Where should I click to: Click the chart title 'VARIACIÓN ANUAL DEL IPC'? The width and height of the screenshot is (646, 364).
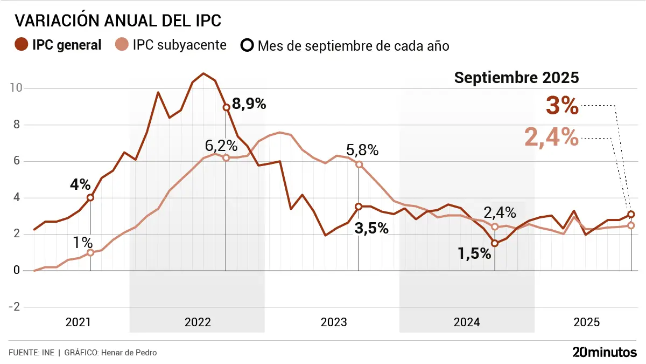coord(118,21)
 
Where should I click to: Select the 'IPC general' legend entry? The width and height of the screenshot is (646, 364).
coord(59,45)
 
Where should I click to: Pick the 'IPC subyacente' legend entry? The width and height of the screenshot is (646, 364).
coord(172,45)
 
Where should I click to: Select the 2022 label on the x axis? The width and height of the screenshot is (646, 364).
coord(198,322)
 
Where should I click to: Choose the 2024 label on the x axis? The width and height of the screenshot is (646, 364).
coord(467,322)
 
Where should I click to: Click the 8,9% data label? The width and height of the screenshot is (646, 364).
coord(249,104)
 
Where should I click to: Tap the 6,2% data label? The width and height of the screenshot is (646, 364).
coord(221,145)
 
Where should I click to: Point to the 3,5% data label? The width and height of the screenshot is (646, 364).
coord(371,228)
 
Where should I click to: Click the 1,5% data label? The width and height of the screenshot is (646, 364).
coord(474,253)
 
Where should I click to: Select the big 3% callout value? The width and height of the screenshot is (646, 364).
coord(562,106)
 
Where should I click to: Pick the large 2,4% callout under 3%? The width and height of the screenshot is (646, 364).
coord(551,137)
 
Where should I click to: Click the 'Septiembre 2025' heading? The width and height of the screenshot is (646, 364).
coord(516,78)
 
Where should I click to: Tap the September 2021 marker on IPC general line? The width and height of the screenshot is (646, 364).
coord(90,197)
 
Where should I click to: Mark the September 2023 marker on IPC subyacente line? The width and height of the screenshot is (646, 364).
coord(359,164)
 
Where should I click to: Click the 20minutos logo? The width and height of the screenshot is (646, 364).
coord(605,353)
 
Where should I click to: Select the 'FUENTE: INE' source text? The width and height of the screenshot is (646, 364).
coord(31,353)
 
